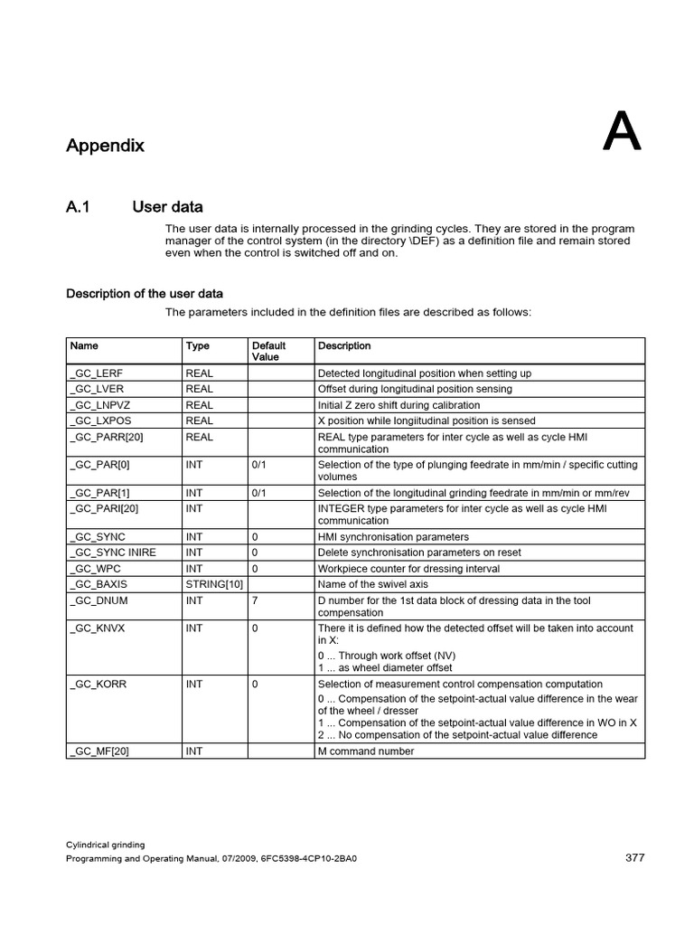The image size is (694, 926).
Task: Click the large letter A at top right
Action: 622,132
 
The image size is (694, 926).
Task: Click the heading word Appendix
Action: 105,146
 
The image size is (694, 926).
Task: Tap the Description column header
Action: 344,345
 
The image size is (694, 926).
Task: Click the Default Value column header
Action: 268,351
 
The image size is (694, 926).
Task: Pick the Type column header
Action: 197,345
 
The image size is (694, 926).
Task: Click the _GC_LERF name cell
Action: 97,373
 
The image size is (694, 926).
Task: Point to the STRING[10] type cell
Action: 213,584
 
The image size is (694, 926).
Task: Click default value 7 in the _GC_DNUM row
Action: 255,600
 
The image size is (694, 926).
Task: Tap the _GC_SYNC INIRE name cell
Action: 113,553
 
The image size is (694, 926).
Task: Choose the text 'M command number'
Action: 366,751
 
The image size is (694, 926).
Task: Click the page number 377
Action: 634,858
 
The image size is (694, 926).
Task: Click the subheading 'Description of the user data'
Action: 145,294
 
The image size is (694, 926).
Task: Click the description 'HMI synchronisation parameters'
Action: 393,536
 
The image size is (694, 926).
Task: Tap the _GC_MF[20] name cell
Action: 99,751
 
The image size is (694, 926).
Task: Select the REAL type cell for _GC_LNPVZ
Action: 199,405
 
